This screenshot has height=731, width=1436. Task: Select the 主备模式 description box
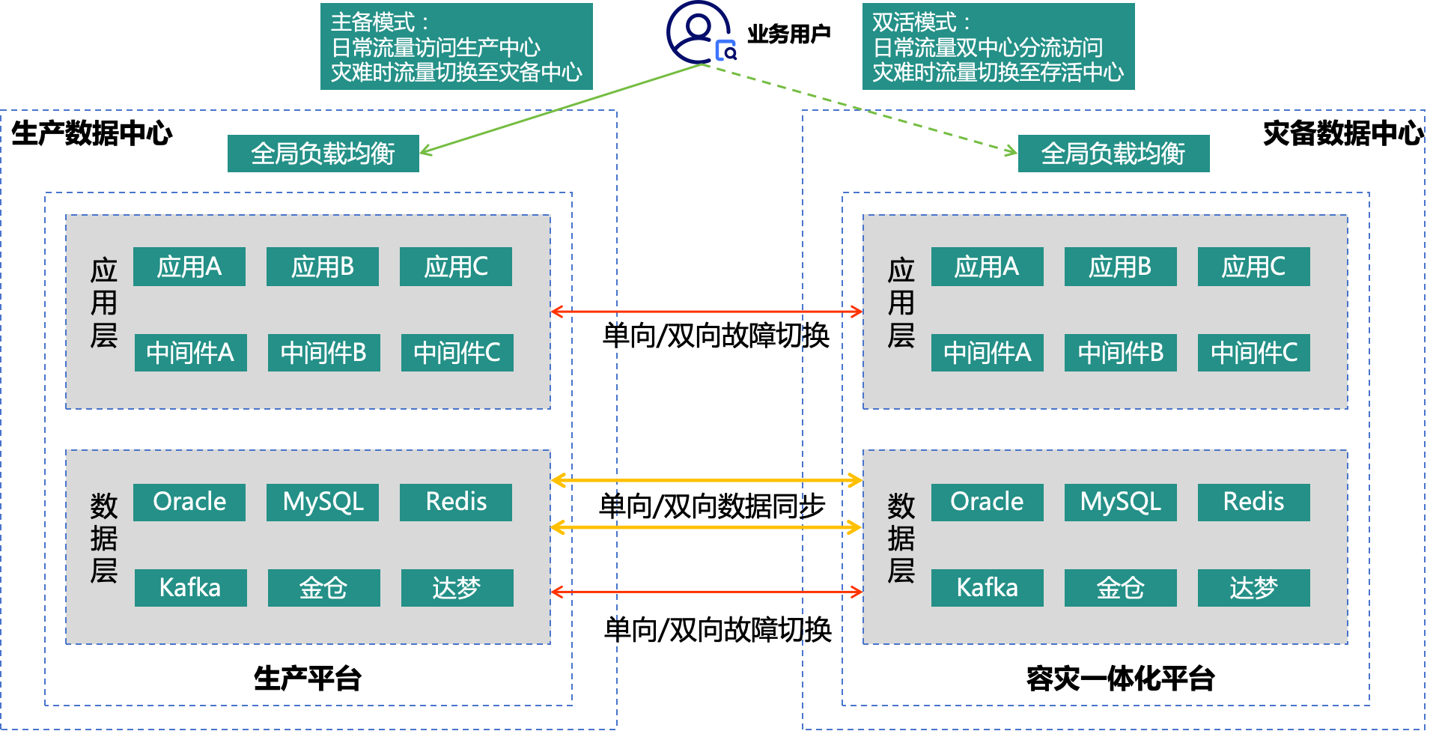456,46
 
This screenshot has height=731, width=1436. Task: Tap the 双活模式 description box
998,46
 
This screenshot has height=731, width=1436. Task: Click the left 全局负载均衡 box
323,154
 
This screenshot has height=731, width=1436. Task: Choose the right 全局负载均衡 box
1113,154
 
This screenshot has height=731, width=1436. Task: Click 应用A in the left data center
189,267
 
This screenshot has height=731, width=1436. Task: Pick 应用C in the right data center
1253,267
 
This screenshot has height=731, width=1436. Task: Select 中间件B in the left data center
323,353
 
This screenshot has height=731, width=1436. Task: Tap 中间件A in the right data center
987,353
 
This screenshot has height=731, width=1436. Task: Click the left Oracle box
189,502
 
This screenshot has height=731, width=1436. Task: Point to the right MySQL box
1120,502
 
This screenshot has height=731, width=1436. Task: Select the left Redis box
456,502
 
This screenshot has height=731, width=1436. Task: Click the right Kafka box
987,588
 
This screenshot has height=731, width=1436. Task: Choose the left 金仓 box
323,588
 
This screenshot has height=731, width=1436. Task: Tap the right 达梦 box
1253,588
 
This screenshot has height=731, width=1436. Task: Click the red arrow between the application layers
707,312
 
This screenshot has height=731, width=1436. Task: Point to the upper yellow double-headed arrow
707,480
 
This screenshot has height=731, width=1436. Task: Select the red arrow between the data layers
707,592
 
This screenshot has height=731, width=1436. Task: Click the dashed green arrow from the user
861,109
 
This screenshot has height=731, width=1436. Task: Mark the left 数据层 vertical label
103,538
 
